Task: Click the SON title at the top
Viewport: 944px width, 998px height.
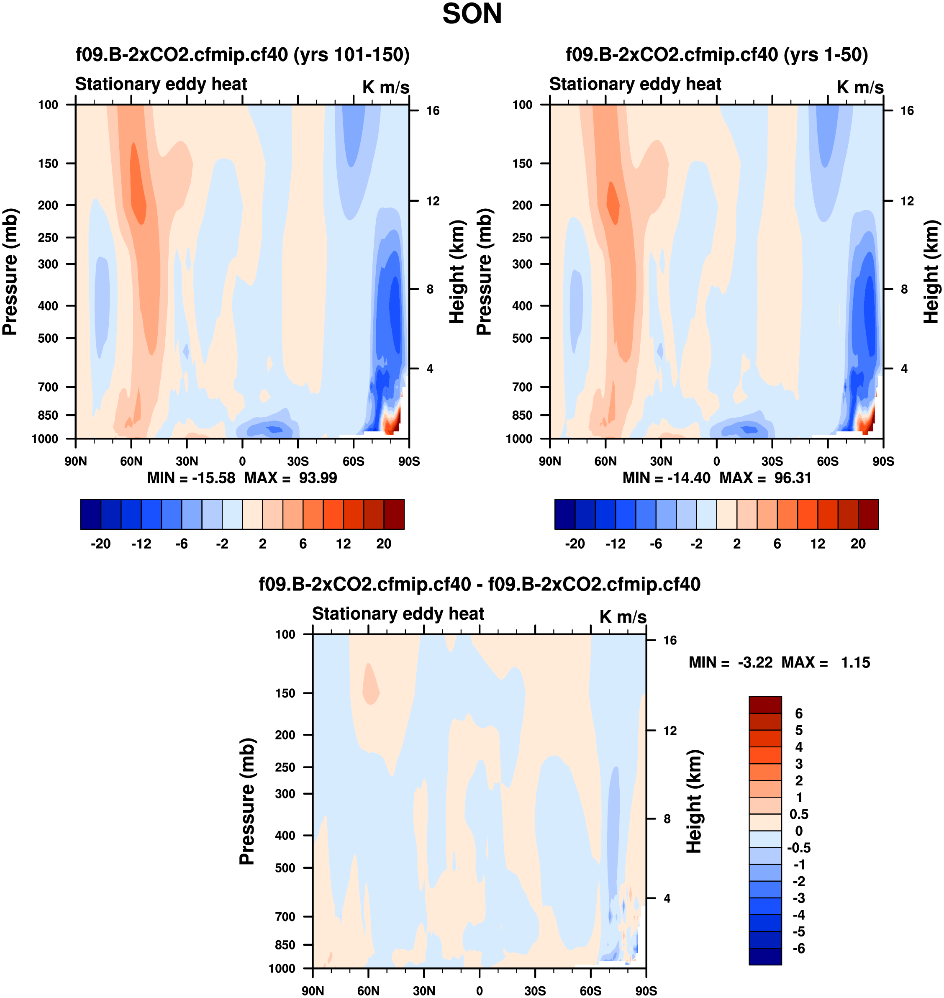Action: click(472, 14)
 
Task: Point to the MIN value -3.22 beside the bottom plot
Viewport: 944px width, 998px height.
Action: click(755, 662)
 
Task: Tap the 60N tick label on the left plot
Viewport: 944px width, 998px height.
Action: click(131, 461)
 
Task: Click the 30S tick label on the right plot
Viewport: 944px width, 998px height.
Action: click(772, 461)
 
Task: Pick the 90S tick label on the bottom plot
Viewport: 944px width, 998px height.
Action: click(646, 990)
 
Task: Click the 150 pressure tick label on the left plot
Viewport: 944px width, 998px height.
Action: click(48, 164)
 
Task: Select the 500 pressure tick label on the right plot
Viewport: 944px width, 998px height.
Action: click(522, 338)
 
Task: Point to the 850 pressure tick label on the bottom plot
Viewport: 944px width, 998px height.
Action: click(285, 945)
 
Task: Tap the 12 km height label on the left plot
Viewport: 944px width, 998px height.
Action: click(433, 201)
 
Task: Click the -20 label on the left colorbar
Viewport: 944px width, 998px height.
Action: click(101, 544)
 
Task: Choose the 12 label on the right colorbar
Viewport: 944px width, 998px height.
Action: click(818, 544)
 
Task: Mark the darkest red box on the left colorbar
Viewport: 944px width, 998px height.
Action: click(394, 514)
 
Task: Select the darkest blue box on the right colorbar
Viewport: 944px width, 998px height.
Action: click(564, 514)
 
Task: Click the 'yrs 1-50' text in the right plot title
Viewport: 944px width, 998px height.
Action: click(825, 54)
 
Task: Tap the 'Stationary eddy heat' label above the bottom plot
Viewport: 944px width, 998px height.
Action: click(398, 613)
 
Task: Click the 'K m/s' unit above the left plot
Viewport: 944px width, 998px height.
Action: click(385, 87)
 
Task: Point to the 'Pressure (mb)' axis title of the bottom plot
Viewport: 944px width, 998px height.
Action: click(247, 802)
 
